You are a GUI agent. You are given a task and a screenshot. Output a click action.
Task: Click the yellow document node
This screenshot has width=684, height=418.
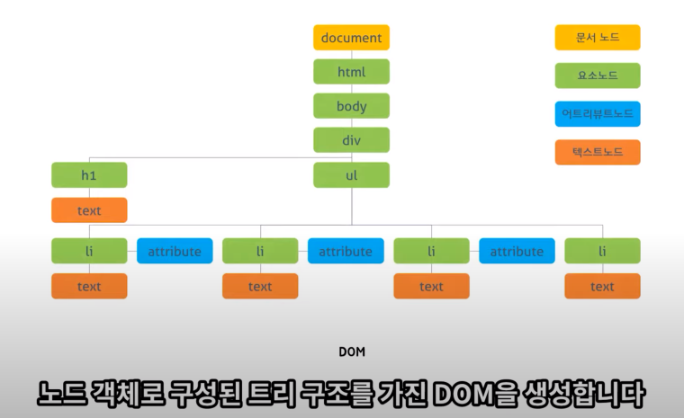(x=351, y=38)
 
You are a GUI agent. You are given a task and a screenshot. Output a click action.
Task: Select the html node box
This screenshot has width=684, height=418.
(x=351, y=72)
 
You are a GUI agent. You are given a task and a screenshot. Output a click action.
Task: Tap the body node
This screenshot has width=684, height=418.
(x=351, y=106)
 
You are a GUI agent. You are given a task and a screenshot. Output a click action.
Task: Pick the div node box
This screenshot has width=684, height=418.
(x=351, y=140)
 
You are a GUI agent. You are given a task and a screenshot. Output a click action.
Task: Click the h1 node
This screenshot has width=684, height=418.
(x=89, y=175)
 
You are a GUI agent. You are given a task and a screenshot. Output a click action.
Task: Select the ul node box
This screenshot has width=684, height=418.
(x=351, y=175)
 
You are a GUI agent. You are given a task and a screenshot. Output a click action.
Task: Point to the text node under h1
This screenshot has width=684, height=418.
(x=89, y=210)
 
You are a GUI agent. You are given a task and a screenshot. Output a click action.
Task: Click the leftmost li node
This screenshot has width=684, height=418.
(x=89, y=251)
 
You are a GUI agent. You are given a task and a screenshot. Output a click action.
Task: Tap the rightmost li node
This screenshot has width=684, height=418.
(x=602, y=251)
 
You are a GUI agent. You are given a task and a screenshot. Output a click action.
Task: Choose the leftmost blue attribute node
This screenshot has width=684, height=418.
(x=175, y=251)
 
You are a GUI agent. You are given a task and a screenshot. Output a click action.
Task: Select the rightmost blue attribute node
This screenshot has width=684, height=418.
(x=517, y=251)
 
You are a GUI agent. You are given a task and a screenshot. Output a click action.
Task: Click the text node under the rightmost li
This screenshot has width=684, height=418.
(x=602, y=286)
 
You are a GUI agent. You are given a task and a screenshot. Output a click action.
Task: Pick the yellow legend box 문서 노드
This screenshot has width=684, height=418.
(x=598, y=38)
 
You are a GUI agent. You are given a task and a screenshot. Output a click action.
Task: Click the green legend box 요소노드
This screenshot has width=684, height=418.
(x=598, y=76)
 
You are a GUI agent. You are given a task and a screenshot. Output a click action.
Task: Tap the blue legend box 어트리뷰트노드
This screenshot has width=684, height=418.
(x=598, y=114)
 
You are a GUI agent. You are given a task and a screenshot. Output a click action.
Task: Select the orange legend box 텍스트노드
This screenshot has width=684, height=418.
(x=598, y=152)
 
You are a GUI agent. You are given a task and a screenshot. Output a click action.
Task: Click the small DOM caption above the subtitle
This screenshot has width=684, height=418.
(x=352, y=351)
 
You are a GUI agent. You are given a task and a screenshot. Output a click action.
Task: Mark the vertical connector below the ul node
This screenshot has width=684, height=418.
(x=352, y=205)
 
